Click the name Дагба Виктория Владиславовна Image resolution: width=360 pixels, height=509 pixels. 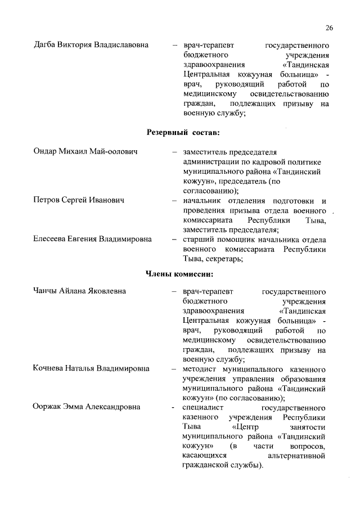click(91, 44)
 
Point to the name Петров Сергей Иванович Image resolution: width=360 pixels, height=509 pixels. click(79, 200)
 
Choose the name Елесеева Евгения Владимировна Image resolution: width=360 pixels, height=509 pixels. click(92, 239)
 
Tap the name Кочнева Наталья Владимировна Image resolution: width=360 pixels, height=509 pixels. click(91, 369)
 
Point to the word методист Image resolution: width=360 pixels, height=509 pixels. click(200, 369)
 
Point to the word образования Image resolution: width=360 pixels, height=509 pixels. click(303, 379)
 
